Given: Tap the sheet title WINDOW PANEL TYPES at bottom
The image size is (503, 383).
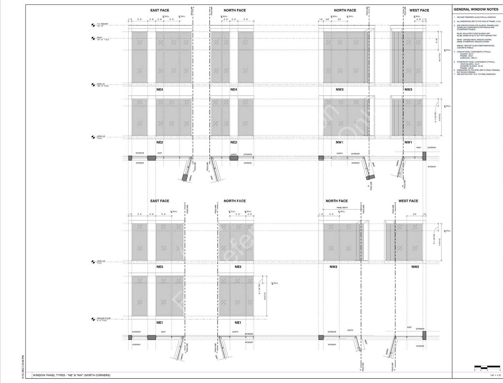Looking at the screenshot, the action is click(x=72, y=375).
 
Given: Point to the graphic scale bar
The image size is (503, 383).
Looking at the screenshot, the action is click(x=487, y=367).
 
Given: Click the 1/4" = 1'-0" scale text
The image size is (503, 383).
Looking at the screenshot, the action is click(x=496, y=375).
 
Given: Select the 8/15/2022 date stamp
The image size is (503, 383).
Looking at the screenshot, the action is click(x=23, y=367).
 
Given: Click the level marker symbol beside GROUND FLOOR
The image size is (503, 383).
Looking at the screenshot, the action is click(x=93, y=319).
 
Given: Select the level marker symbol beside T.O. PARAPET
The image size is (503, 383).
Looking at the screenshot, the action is click(x=93, y=24).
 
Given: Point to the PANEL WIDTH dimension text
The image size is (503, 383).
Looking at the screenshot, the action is click(x=342, y=208).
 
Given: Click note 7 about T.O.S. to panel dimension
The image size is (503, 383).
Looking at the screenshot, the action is click(x=476, y=74).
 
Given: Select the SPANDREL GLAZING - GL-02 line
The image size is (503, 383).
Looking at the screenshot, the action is click(x=471, y=66).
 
